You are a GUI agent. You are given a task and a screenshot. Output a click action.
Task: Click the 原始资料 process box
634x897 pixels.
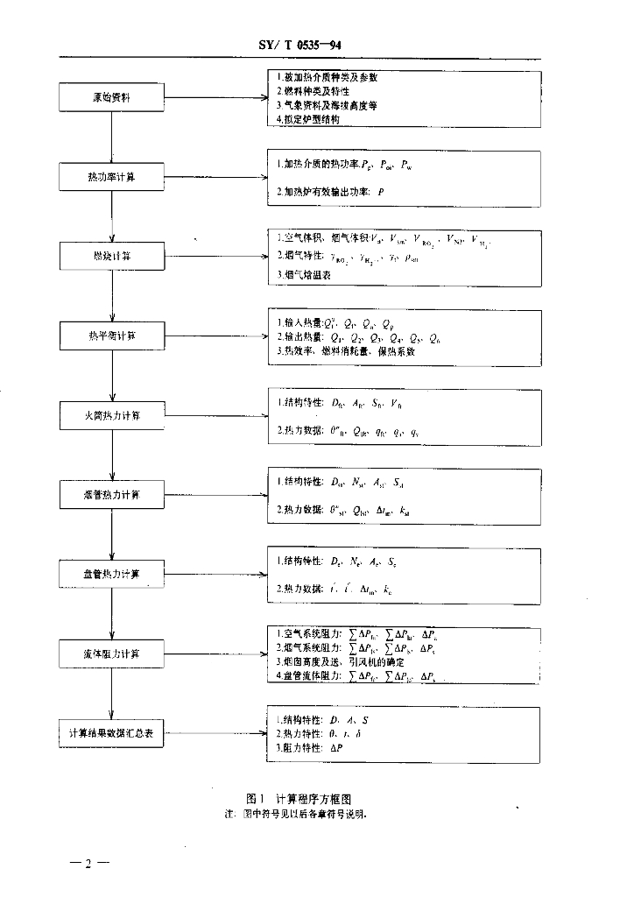[111, 98]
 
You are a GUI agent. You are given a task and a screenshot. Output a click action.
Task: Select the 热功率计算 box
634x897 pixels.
[111, 178]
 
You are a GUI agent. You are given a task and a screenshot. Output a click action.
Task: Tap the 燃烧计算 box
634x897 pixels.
[111, 257]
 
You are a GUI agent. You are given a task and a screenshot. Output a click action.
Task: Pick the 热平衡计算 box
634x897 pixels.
[111, 335]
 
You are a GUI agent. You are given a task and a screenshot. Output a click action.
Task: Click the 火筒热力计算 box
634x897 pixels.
[111, 414]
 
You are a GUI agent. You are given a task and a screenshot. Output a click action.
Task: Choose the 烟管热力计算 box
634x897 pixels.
[111, 495]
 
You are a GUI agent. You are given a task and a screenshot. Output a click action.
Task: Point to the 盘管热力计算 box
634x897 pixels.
[111, 574]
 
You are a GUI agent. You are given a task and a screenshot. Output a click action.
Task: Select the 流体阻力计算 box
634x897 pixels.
[111, 653]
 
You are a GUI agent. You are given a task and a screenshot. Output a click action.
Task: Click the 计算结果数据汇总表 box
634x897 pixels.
[111, 732]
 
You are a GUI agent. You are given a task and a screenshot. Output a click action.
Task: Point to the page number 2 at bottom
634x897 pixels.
[88, 865]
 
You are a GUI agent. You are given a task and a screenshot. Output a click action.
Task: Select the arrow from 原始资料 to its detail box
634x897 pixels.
[214, 98]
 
